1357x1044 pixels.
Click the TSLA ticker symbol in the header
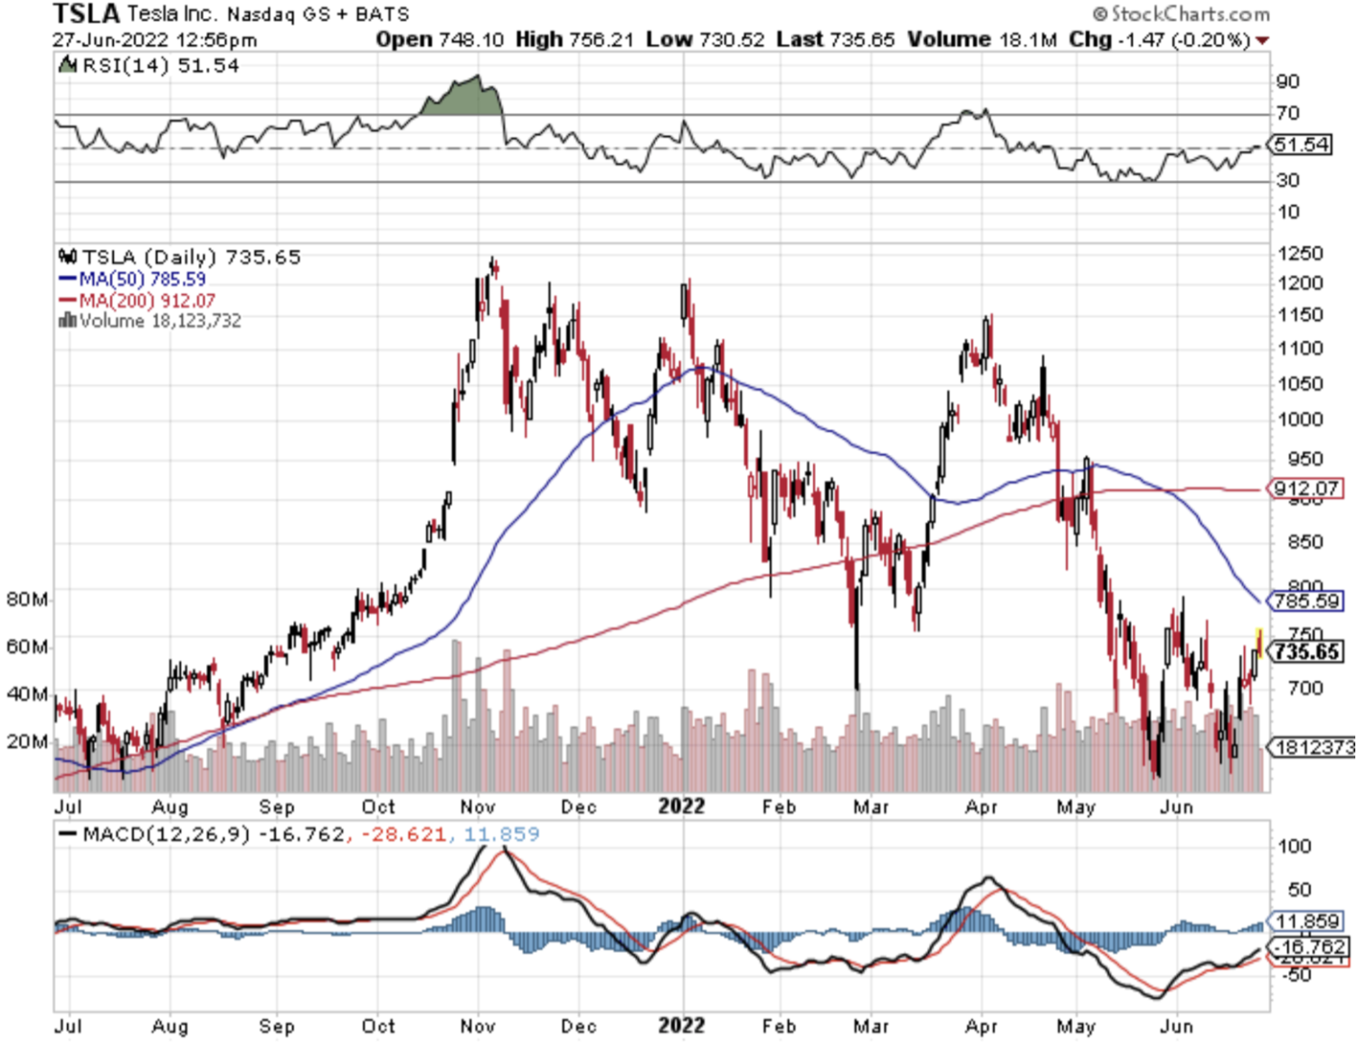click(86, 14)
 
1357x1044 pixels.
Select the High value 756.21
click(601, 40)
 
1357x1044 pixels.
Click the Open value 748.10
click(470, 40)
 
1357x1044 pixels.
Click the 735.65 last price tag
click(1307, 651)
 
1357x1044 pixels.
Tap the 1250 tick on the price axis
click(1300, 253)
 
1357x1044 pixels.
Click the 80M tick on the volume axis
click(27, 600)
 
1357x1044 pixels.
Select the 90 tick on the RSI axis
click(1287, 81)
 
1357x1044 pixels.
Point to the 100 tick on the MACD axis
click(1294, 846)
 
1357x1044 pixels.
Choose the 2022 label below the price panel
click(681, 806)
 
